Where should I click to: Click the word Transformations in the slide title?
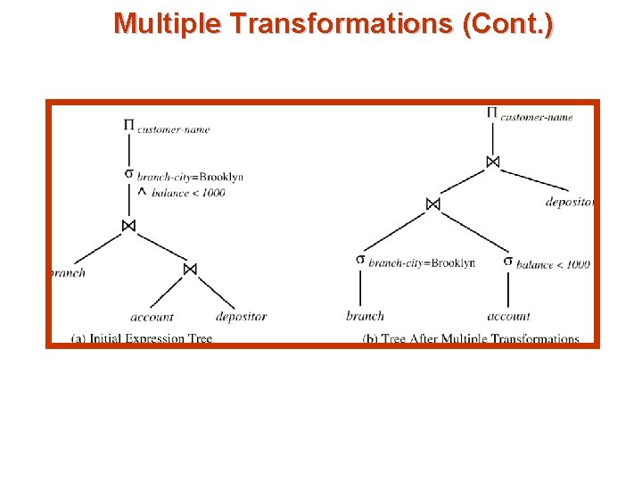coord(340,23)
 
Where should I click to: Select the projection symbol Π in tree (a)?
coord(128,125)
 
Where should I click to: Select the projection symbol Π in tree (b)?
coord(492,112)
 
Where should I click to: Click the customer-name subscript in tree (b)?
coord(537,117)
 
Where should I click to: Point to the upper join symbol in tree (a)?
coord(128,226)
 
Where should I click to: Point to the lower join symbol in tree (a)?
coord(189,269)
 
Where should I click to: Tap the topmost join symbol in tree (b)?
coord(492,162)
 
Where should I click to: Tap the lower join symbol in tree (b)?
coord(432,204)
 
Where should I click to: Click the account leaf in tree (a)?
coord(152,317)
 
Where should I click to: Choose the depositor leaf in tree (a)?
coord(241,317)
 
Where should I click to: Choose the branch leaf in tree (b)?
coord(365,316)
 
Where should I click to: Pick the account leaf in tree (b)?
coord(508,316)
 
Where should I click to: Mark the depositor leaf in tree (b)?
coord(569,203)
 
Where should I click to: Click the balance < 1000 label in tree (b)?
coord(553,264)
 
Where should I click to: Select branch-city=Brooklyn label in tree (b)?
coord(421,263)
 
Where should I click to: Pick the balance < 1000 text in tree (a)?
coord(188,193)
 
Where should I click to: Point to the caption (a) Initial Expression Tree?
coord(142,339)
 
